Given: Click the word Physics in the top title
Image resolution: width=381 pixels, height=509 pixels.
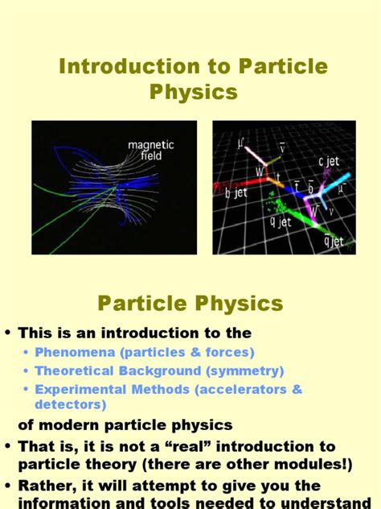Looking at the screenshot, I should [x=194, y=93].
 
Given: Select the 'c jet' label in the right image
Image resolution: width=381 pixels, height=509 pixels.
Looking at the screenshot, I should [x=330, y=162].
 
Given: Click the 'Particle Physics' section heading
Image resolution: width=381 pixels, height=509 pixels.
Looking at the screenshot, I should [x=190, y=304].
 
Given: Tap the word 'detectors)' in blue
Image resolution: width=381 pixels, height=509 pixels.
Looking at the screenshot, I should [x=70, y=404].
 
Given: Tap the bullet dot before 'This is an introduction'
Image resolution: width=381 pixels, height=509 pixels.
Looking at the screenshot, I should [x=9, y=333].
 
